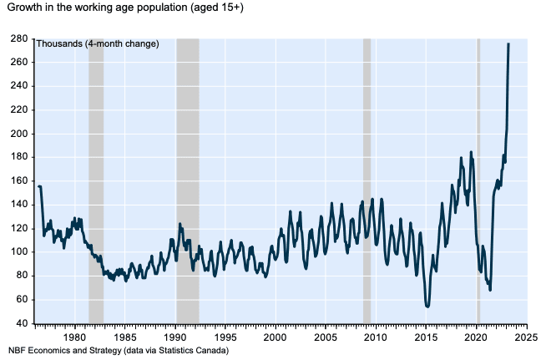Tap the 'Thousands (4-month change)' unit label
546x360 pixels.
97,43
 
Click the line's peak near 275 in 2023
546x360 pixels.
508,44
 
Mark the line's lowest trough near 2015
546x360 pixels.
427,307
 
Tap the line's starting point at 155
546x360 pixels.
38,186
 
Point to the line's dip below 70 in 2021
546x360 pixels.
490,290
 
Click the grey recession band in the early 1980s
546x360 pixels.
96,180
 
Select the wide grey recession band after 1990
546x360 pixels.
187,180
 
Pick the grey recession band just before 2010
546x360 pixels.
367,180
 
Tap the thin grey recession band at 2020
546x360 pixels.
478,180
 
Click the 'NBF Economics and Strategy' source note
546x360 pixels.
118,350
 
